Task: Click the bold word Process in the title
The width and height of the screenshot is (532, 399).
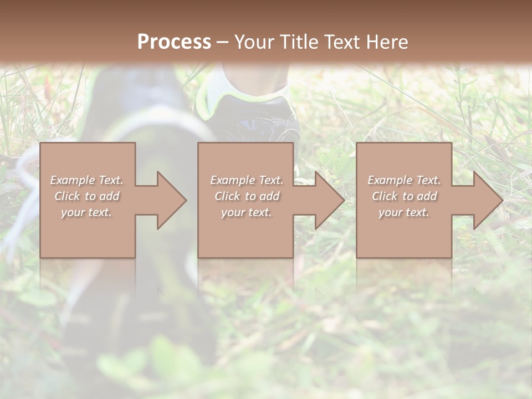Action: click(174, 42)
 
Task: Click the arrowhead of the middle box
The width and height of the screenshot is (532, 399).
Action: click(329, 200)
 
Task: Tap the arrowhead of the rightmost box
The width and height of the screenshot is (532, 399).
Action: click(487, 200)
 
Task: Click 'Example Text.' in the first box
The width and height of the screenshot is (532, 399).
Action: click(86, 180)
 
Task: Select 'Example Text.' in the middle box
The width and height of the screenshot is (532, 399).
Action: click(246, 180)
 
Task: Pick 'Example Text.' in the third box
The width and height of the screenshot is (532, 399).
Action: click(404, 180)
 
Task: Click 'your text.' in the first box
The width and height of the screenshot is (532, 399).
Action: click(86, 212)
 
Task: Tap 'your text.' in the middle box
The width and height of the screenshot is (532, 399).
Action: click(246, 212)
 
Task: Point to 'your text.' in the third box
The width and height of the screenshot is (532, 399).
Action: click(404, 212)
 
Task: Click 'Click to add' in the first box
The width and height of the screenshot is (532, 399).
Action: click(86, 196)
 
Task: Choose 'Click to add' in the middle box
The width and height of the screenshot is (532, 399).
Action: click(246, 196)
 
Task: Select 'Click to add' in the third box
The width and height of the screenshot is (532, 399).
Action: click(404, 196)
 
